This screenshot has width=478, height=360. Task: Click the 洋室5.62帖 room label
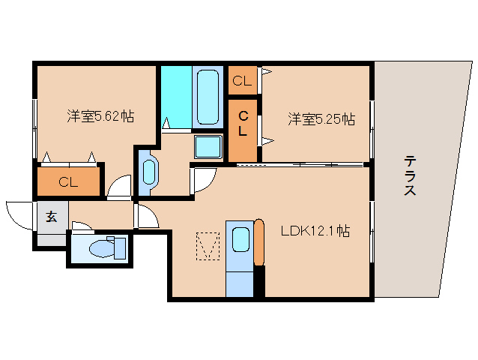100,116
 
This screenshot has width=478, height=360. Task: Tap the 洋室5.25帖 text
321,118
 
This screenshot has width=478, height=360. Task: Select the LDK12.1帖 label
315,232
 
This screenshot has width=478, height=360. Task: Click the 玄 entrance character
51,217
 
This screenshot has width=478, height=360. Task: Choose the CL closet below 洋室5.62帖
68,181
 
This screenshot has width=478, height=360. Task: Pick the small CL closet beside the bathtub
241,81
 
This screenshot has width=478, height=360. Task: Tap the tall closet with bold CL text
243,124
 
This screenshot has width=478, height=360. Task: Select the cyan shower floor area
176,96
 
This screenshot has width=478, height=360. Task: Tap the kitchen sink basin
240,239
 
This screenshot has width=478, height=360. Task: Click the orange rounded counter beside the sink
259,242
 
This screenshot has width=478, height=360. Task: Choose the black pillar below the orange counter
259,282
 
